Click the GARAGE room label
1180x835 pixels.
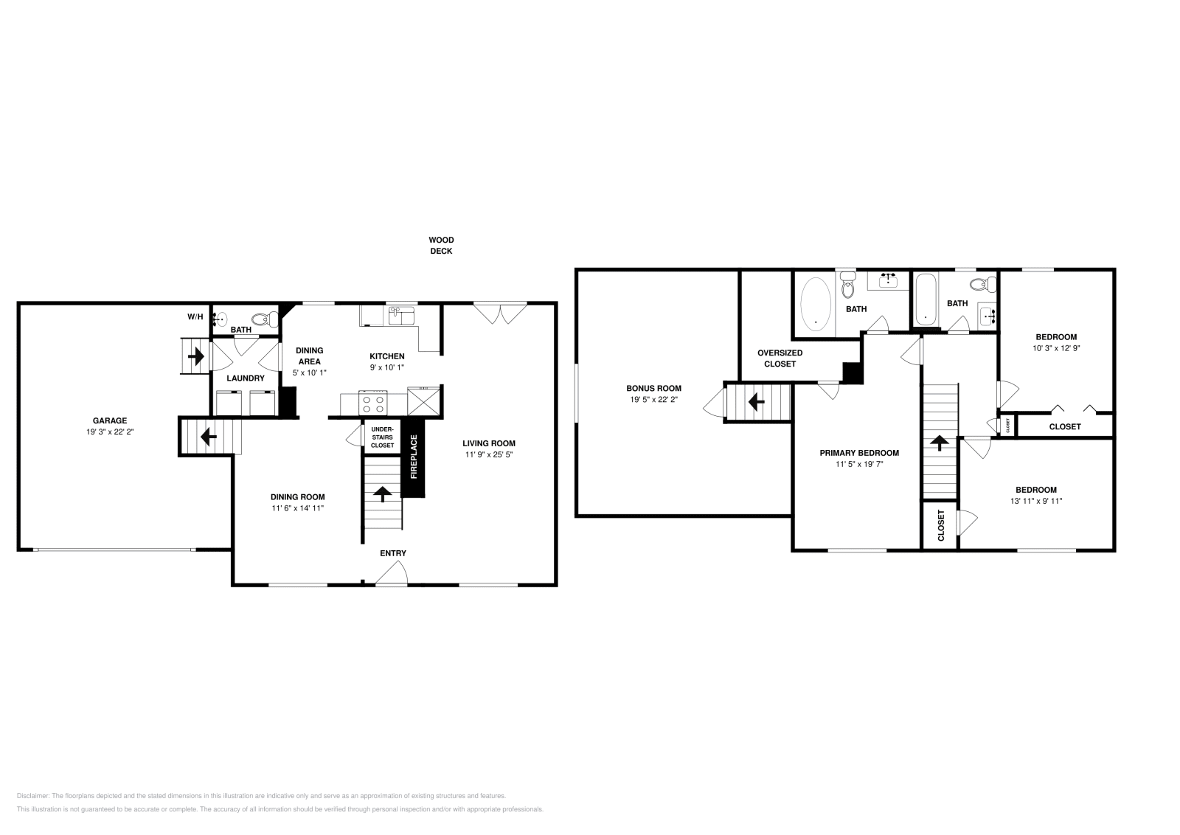coord(110,420)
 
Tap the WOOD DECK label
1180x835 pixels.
coord(441,245)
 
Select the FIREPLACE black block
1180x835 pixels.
coord(413,457)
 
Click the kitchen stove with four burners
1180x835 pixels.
coord(372,404)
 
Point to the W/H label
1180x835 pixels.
coord(195,316)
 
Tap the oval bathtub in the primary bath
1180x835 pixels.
coord(816,303)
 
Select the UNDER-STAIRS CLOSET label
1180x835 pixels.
coord(382,437)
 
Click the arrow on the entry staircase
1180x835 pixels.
coord(383,493)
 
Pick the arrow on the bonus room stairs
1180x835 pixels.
coord(755,402)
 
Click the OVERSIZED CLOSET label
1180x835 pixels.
coord(780,358)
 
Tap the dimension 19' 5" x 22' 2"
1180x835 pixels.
coord(653,399)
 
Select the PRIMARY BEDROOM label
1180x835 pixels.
coord(859,453)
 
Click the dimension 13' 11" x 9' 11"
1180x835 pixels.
coord(1035,501)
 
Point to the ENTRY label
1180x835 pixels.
coord(392,553)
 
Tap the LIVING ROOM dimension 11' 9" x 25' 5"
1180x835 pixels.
coord(489,454)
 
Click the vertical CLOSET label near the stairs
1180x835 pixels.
coord(941,525)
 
